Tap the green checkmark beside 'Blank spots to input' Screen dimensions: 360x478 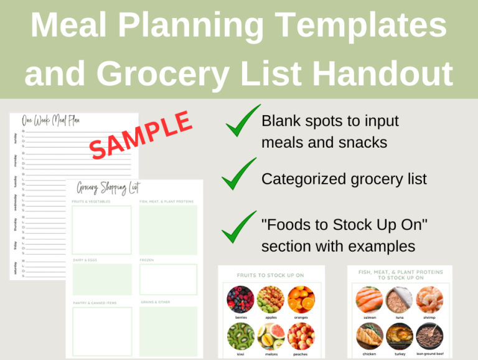(242, 121)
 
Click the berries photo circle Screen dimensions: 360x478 (240, 298)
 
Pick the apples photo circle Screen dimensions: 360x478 (271, 298)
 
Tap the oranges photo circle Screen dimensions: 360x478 (301, 298)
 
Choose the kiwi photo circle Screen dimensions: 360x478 (240, 336)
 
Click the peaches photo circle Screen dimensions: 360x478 (301, 336)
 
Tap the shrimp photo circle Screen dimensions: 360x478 (429, 300)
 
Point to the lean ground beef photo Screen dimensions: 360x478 (429, 336)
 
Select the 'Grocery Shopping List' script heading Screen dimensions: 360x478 (108, 187)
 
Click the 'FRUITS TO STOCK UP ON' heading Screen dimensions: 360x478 (270, 275)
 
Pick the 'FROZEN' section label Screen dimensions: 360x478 (147, 260)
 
